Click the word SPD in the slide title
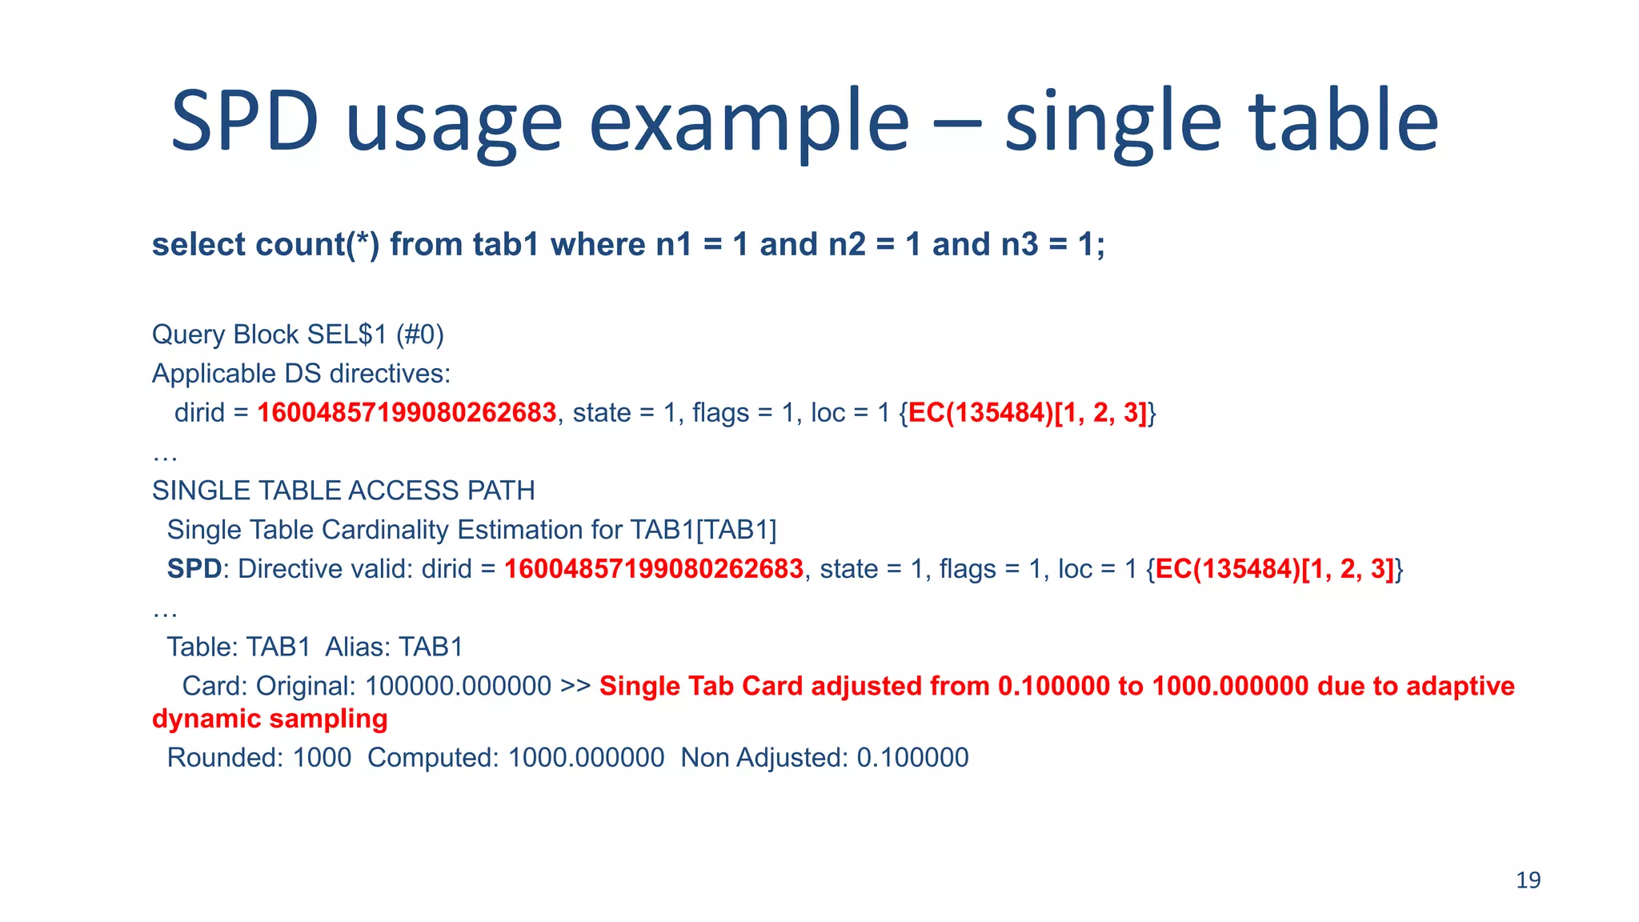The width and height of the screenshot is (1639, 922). pyautogui.click(x=245, y=122)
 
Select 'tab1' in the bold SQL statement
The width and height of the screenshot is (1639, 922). pyautogui.click(x=506, y=244)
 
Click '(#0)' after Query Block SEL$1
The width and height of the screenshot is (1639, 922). pyautogui.click(x=420, y=334)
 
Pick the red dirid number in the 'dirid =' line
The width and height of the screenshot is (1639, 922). pyautogui.click(x=407, y=412)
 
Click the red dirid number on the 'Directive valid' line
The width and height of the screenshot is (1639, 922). pyautogui.click(x=654, y=568)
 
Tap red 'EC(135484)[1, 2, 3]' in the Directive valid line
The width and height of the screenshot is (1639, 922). pyautogui.click(x=1274, y=568)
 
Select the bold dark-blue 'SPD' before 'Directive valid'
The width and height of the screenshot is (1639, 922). pyautogui.click(x=194, y=568)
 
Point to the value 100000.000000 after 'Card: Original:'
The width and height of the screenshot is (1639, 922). pyautogui.click(x=458, y=686)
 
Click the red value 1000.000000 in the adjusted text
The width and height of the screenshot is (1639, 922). pyautogui.click(x=1230, y=686)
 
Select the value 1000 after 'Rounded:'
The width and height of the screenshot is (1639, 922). pyautogui.click(x=322, y=757)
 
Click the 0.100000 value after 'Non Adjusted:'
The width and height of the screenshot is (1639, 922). pyautogui.click(x=912, y=757)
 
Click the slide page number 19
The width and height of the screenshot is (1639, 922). pyautogui.click(x=1528, y=880)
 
